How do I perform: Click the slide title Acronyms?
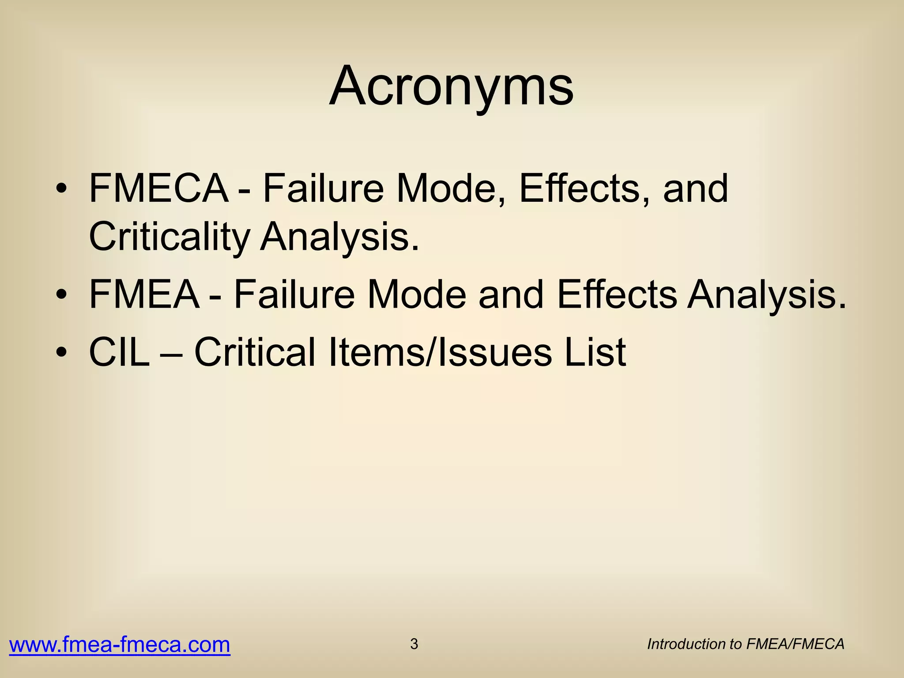(x=451, y=86)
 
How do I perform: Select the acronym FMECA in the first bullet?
(x=158, y=188)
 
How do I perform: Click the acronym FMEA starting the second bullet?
(x=144, y=294)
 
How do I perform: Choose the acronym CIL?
(x=119, y=352)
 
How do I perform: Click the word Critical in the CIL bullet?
(x=255, y=352)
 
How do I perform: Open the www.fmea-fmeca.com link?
(x=120, y=645)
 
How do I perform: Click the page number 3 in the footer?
(x=414, y=644)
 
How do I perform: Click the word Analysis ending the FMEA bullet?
(x=767, y=294)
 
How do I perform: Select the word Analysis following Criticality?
(x=339, y=237)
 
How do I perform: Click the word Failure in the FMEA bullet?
(x=294, y=294)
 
